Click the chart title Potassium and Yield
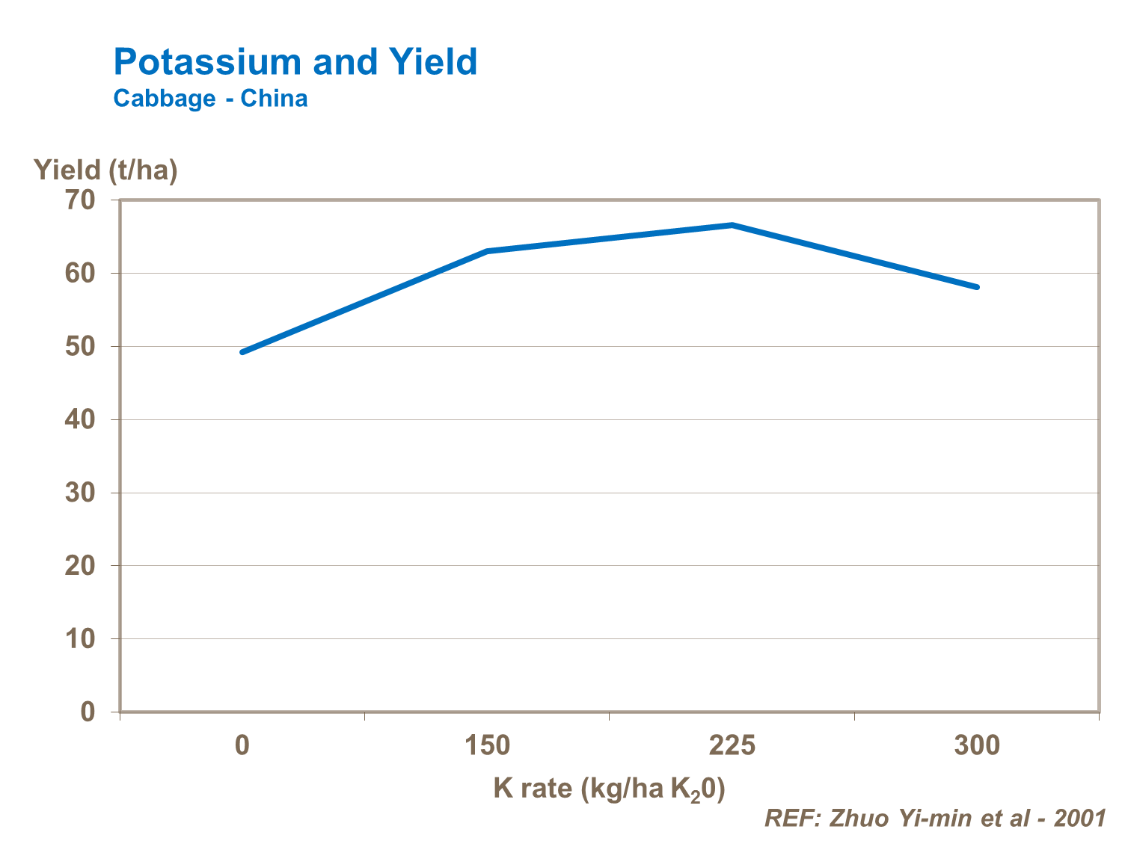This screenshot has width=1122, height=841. click(295, 62)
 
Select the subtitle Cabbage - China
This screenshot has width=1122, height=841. click(210, 99)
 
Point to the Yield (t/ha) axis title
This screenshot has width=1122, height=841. click(105, 170)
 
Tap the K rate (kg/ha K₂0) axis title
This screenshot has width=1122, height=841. click(609, 789)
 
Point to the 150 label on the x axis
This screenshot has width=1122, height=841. click(487, 745)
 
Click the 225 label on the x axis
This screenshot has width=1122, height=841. click(732, 745)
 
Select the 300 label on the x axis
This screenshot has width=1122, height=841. click(977, 745)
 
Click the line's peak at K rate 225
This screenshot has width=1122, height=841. click(732, 225)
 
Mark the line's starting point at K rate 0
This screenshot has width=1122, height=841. click(242, 352)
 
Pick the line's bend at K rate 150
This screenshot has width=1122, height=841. click(487, 251)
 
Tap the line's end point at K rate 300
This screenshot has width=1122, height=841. click(977, 287)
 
